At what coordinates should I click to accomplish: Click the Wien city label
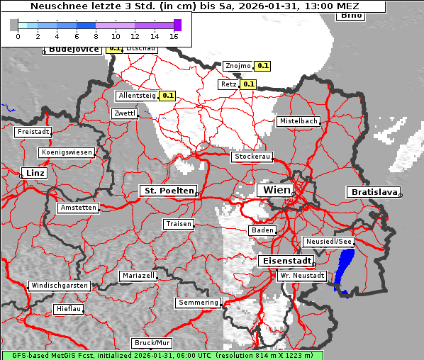coord(277,191)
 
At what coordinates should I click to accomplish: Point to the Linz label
coord(34,173)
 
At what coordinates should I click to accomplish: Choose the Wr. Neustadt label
coord(302,275)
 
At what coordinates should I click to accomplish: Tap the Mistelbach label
coord(298,121)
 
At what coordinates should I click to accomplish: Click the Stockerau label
coord(252,157)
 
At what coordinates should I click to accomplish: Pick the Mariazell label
coord(138,275)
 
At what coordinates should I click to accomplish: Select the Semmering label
coord(199,303)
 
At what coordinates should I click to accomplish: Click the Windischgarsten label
coord(60,286)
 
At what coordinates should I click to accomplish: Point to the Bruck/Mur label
coord(152,342)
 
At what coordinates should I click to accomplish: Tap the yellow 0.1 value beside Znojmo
coord(263,66)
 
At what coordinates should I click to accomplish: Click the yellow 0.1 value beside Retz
coord(248,84)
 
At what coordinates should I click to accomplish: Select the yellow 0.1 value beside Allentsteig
coord(168,95)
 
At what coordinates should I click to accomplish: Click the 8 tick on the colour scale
coord(96,35)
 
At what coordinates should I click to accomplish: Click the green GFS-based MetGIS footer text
coord(162,355)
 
